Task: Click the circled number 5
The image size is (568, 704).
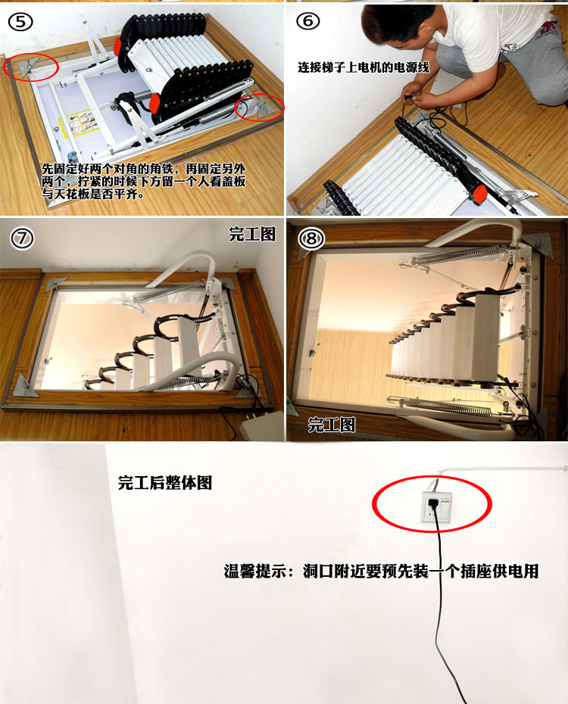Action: [20, 21]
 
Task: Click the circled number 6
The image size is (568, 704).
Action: [307, 21]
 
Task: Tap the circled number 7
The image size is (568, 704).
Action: [22, 238]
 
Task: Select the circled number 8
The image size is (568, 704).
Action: [311, 239]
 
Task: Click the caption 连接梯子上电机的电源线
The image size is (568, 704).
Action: [364, 67]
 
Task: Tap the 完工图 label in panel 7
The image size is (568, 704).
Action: [252, 234]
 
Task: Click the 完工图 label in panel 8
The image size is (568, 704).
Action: [332, 424]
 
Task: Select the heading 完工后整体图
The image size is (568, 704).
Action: [165, 483]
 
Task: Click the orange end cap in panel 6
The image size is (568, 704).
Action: [479, 192]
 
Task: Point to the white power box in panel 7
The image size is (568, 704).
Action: [261, 426]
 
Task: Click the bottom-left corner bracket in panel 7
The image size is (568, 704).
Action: [26, 385]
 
